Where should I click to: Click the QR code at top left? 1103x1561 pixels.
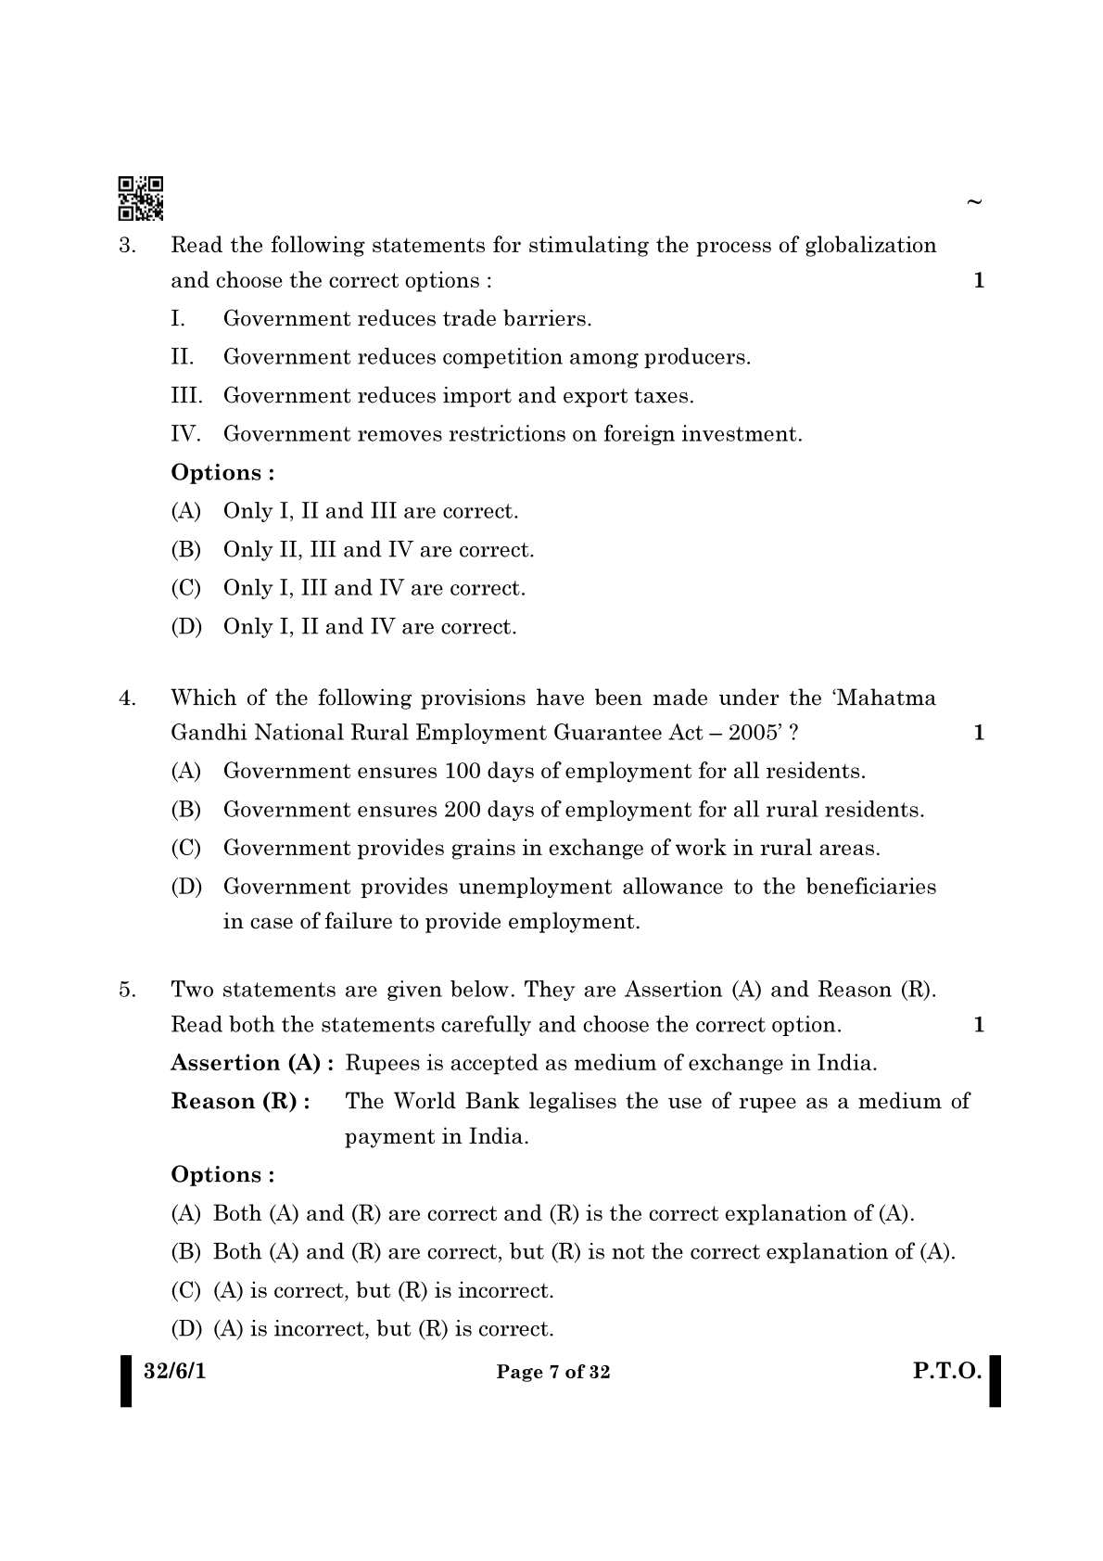pos(141,198)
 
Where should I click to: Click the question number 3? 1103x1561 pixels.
pos(128,246)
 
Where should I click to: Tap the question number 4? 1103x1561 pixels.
pos(128,698)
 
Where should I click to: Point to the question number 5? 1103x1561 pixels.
pos(128,991)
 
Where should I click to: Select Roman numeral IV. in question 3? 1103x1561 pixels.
pos(185,434)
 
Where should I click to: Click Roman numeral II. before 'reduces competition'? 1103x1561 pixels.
pos(183,357)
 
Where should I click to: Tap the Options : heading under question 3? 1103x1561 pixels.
pos(222,473)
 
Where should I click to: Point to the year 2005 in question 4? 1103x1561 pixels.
pos(752,733)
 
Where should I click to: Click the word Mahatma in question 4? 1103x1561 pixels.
pos(886,698)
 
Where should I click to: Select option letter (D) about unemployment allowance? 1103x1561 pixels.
pos(185,887)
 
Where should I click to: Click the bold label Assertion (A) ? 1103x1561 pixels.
pos(252,1063)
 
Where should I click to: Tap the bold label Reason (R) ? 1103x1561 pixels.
pos(240,1102)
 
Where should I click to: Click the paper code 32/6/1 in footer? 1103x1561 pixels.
pos(175,1371)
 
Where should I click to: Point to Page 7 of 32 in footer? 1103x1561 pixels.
pos(553,1373)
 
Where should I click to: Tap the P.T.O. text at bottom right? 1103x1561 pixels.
pos(946,1371)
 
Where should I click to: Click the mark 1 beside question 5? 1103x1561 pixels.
pos(979,1025)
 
